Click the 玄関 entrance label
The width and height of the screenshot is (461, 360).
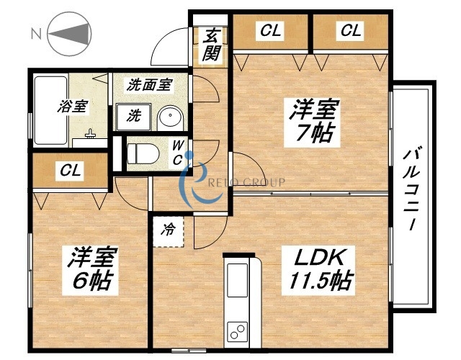pos(211,44)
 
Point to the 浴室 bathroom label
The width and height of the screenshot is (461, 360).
pos(73,106)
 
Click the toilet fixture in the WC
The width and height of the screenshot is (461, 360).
pos(140,153)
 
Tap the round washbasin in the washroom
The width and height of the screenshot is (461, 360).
pos(171,116)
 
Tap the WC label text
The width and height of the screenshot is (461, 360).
pos(177,153)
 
